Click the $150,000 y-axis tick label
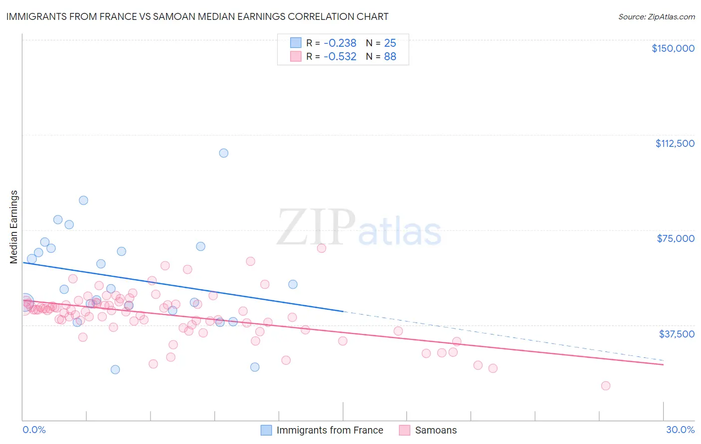click(x=673, y=48)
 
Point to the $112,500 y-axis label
click(x=675, y=143)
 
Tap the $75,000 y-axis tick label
click(x=675, y=238)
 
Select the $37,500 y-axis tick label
click(x=676, y=334)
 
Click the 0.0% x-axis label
click(x=34, y=430)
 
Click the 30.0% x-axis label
click(x=680, y=430)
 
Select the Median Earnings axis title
click(x=14, y=227)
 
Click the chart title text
click(x=197, y=16)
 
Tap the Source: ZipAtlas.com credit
click(x=656, y=17)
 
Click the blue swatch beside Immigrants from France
click(x=267, y=430)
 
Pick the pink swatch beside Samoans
click(x=405, y=430)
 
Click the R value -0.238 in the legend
click(x=340, y=43)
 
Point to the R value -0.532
click(x=340, y=57)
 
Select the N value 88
click(x=390, y=57)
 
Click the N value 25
click(x=390, y=43)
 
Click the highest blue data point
click(x=224, y=153)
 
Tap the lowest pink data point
click(x=606, y=386)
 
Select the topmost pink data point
click(x=322, y=248)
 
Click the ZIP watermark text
click(x=316, y=227)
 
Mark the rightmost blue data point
click(x=293, y=285)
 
